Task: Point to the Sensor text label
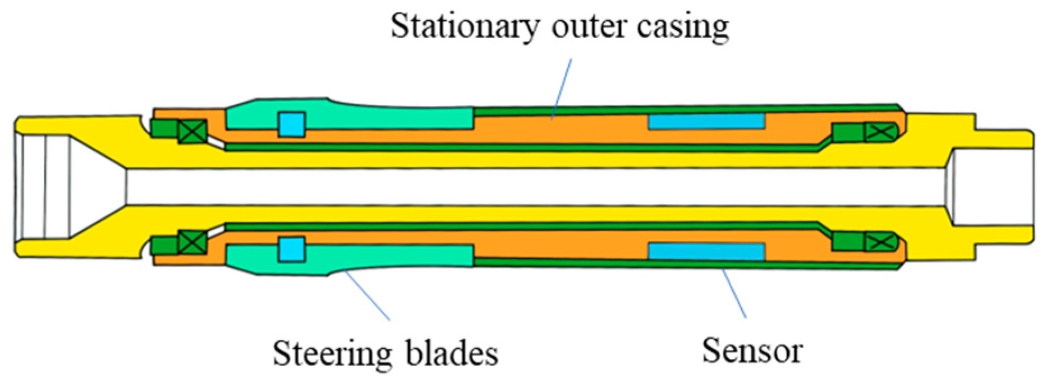pos(752,350)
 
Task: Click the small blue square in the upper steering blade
pos(292,124)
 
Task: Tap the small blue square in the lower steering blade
pos(292,249)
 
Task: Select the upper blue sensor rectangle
pos(706,121)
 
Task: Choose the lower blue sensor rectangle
pos(706,251)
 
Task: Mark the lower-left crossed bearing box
pos(192,242)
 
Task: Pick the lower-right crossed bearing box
pos(878,242)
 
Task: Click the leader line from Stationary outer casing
pos(561,89)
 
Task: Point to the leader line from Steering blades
pos(367,295)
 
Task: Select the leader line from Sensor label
pos(734,293)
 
